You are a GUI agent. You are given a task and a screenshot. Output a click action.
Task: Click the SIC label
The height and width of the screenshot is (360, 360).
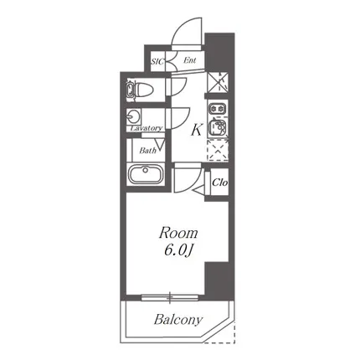tap(157, 61)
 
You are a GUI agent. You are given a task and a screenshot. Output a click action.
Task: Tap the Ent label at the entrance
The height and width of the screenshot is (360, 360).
tap(190, 60)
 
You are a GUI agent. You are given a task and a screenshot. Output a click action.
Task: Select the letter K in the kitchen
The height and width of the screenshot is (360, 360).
tap(197, 130)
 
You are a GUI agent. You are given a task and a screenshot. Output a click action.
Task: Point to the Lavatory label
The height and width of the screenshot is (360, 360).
tap(147, 128)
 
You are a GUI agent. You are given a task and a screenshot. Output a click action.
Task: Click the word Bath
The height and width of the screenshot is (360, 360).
tap(147, 151)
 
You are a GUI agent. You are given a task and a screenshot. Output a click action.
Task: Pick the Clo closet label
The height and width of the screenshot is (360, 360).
tap(220, 183)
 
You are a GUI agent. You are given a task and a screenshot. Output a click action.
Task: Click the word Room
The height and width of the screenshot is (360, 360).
tap(178, 234)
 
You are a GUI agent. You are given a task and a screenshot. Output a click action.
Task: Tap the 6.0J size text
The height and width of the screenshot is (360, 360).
tap(178, 251)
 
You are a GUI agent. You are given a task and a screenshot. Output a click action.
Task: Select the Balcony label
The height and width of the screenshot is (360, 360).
tap(178, 320)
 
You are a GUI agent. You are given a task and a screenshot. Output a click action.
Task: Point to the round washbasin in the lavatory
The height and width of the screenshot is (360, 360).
tap(132, 116)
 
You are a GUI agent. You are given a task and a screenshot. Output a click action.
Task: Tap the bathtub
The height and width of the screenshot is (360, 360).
tap(145, 174)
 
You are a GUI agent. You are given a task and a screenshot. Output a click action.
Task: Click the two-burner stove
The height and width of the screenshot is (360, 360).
tap(218, 108)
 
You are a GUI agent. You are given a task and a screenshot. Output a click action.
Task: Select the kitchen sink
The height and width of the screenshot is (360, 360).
tap(218, 127)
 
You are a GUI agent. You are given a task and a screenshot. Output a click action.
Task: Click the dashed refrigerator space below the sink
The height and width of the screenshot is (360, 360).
tap(218, 150)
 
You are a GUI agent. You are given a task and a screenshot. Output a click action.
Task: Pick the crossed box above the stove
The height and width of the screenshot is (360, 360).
tap(218, 82)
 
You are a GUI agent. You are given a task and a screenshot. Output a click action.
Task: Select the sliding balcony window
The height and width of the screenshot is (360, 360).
tap(170, 298)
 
